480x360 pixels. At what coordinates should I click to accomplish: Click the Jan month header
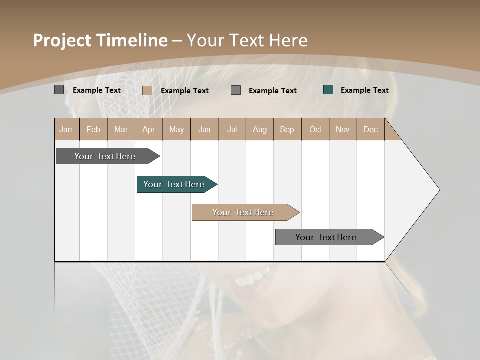tap(66, 129)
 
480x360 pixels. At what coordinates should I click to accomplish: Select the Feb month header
tap(93, 129)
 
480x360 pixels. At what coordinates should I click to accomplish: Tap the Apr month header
tap(148, 129)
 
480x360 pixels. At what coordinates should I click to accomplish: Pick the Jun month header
tap(204, 129)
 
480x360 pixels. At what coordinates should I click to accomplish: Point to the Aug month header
tap(259, 129)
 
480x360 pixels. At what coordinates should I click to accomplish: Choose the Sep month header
tap(287, 129)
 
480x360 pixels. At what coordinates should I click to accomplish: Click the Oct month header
tap(315, 129)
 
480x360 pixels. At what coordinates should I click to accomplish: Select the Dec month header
tap(370, 129)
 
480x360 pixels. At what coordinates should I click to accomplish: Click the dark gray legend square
tap(59, 90)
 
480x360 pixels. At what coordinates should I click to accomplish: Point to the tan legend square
tap(147, 90)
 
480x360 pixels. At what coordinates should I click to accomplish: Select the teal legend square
tap(328, 90)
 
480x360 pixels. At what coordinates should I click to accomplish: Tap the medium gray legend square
tap(236, 90)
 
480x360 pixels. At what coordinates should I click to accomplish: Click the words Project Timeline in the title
tap(100, 40)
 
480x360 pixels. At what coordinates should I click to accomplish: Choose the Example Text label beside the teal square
tap(364, 90)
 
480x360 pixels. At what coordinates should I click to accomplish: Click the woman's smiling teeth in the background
tap(252, 278)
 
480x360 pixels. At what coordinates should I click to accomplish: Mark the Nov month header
tap(342, 129)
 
